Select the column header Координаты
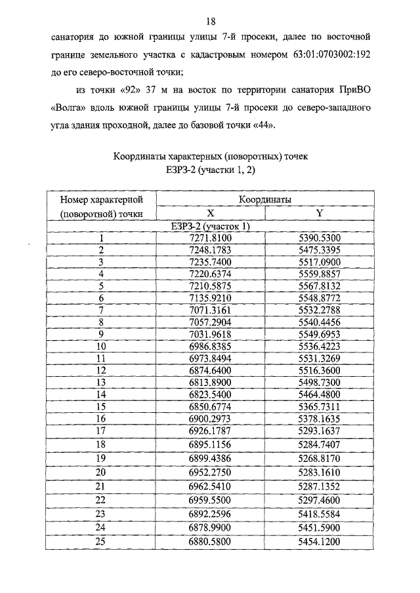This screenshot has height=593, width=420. pyautogui.click(x=265, y=199)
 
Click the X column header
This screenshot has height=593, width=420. pyautogui.click(x=210, y=213)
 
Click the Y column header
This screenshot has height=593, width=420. pyautogui.click(x=319, y=213)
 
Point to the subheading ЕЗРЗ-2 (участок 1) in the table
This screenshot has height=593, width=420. pyautogui.click(x=210, y=226)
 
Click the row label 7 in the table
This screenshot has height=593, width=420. pyautogui.click(x=101, y=309)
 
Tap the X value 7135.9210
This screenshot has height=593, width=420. pyautogui.click(x=210, y=297)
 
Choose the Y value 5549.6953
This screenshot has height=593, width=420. pyautogui.click(x=319, y=334)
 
